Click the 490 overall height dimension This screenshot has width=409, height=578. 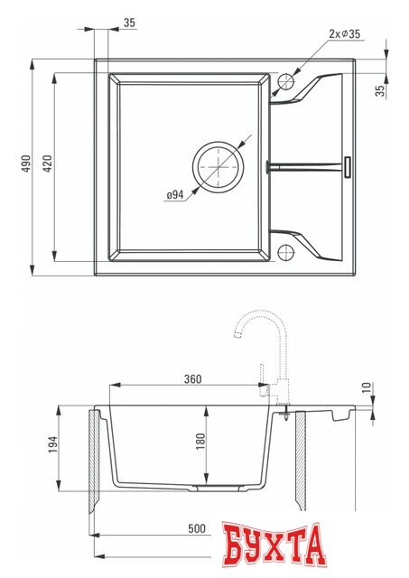pos(27,163)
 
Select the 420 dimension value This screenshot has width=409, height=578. pos(48,163)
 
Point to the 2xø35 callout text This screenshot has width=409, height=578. pos(344,34)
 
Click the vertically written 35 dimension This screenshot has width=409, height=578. pos(381,89)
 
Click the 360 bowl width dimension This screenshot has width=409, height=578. pos(191,378)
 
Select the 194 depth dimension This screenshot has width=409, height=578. pos(51,444)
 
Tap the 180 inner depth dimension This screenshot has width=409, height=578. pos(200,440)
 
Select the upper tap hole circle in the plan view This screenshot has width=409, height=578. pos(287,80)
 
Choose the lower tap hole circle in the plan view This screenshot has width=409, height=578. pos(287,250)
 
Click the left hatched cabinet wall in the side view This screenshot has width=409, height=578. pos(94,461)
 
